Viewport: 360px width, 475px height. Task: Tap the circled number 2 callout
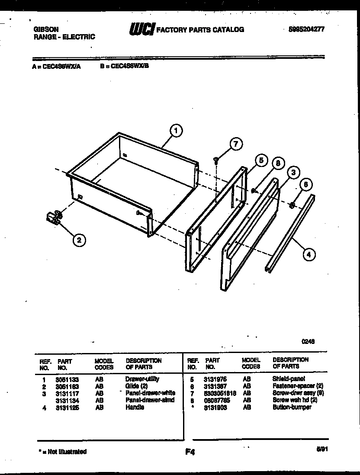point(78,240)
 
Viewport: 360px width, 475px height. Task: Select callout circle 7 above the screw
point(235,144)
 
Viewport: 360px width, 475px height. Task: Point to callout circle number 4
point(308,255)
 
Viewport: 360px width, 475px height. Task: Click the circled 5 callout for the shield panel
point(260,160)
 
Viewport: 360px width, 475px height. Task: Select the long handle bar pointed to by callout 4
point(290,234)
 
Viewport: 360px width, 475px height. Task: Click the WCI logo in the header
point(141,29)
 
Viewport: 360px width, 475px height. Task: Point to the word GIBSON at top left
point(46,29)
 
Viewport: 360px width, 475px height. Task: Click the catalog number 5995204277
point(306,29)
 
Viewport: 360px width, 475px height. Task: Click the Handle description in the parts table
point(135,407)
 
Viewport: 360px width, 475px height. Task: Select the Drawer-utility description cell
point(142,379)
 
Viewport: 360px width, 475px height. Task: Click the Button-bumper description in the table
point(292,407)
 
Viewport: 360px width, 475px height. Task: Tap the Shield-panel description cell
point(289,379)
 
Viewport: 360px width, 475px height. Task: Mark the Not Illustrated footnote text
point(63,452)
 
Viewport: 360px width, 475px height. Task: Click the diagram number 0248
point(308,341)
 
